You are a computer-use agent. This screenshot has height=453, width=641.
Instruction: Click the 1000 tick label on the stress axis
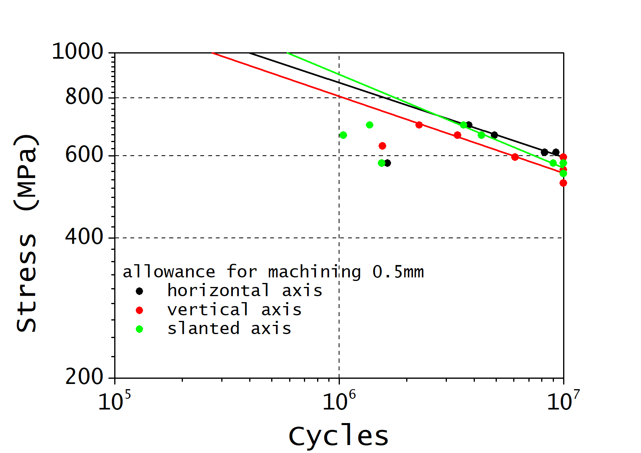click(77, 52)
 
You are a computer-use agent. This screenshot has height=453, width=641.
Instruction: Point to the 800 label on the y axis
click(84, 97)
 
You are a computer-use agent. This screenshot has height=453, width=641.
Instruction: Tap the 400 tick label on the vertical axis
click(84, 237)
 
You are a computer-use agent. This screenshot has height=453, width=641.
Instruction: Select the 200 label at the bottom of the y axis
click(84, 377)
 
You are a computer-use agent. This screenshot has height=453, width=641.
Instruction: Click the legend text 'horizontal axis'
click(244, 291)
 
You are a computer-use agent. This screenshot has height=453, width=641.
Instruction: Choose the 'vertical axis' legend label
click(234, 310)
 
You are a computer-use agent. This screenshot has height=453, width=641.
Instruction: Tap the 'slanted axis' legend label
click(229, 329)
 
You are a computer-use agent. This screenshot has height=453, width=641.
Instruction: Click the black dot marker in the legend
click(139, 291)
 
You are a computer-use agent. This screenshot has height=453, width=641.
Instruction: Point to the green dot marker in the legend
click(139, 329)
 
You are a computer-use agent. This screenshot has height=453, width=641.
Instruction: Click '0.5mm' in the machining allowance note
click(398, 272)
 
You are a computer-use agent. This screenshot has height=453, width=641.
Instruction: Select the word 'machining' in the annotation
click(314, 272)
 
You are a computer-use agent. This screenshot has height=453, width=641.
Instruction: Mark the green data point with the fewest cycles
click(343, 135)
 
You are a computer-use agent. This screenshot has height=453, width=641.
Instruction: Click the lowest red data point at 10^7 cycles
click(563, 183)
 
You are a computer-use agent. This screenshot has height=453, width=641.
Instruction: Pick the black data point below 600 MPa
click(387, 163)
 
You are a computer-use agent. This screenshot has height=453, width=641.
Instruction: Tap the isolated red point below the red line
click(382, 146)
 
